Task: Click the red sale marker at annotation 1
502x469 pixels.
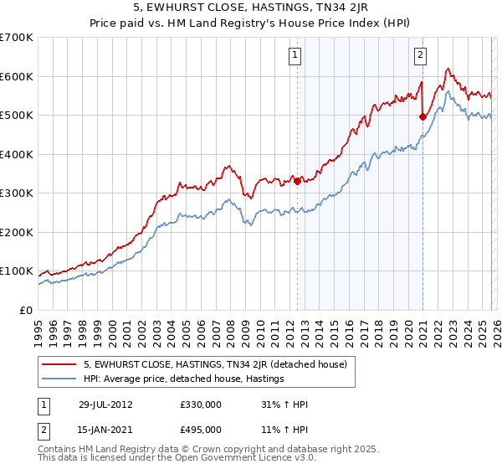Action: (x=297, y=181)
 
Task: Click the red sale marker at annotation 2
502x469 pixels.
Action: (x=423, y=117)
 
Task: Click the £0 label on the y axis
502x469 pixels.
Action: (x=25, y=310)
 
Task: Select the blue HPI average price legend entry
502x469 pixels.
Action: (x=184, y=379)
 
